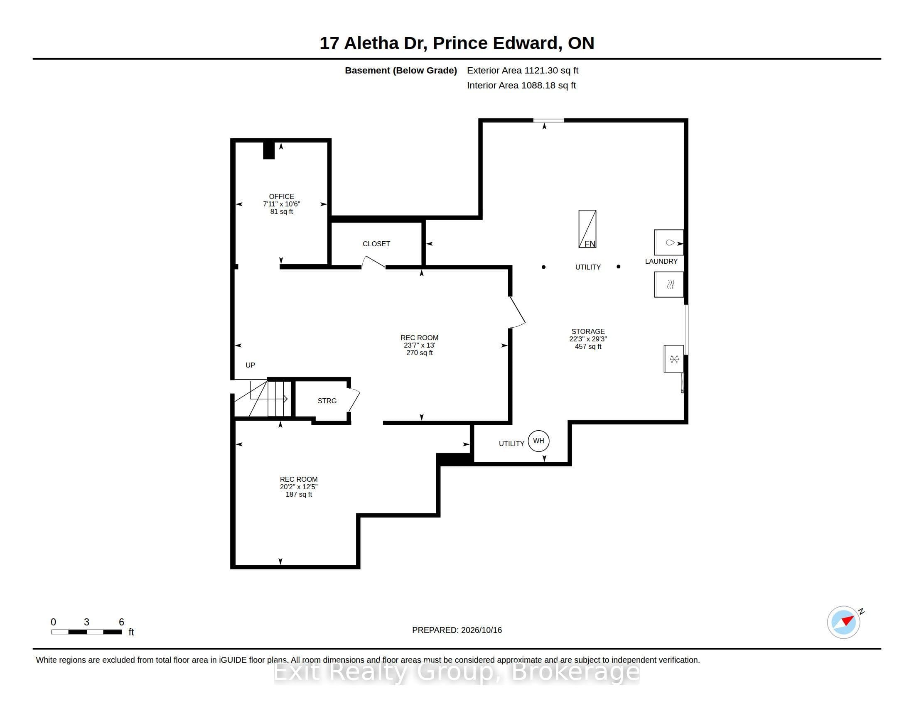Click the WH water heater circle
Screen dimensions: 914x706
(x=538, y=430)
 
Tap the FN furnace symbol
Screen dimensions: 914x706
(x=587, y=229)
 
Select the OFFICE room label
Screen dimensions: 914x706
(x=281, y=196)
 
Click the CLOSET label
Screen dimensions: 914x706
(x=376, y=244)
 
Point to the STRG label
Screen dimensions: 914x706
(x=327, y=401)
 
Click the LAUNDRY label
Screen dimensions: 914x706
(x=661, y=261)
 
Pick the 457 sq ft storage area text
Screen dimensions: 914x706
(x=588, y=346)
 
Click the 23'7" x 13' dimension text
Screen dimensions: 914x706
(x=419, y=345)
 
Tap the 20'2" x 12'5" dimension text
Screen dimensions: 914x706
(x=299, y=487)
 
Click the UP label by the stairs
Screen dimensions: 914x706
(x=250, y=365)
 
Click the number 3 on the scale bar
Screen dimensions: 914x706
(x=87, y=622)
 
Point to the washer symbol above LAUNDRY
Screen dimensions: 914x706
(x=669, y=242)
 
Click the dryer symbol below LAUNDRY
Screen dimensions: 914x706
(x=669, y=284)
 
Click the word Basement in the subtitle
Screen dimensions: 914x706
(x=367, y=70)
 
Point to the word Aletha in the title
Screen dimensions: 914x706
(x=371, y=43)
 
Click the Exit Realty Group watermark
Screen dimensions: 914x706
(x=457, y=672)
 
